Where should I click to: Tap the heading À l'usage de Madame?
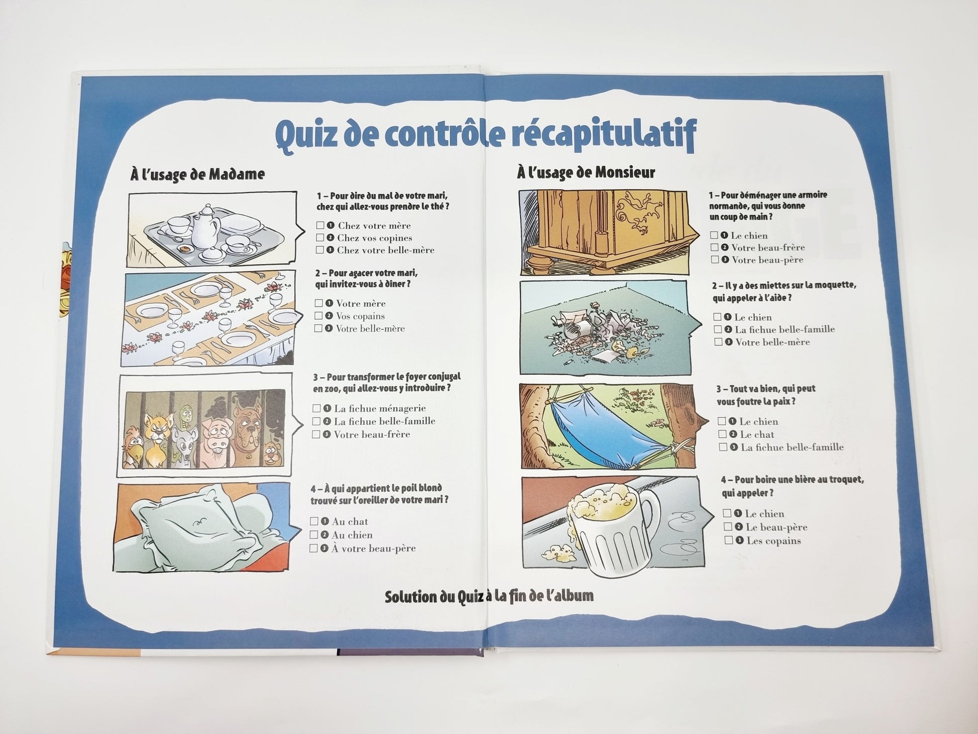(198, 174)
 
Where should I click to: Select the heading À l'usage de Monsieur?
(586, 172)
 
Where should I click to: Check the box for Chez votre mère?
(320, 226)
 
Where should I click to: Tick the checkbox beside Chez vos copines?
(320, 238)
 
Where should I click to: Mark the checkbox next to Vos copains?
(318, 316)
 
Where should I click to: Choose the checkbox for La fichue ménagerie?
(316, 408)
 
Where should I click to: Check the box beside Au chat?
(314, 521)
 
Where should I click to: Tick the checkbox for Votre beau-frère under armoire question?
(714, 247)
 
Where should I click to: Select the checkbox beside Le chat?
(723, 434)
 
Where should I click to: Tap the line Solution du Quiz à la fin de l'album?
(489, 597)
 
